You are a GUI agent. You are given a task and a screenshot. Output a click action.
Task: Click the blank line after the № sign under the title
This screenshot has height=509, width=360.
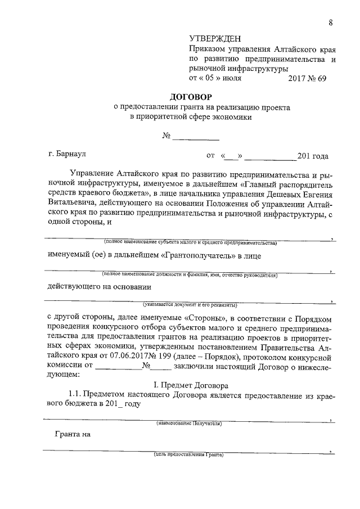pos(195,137)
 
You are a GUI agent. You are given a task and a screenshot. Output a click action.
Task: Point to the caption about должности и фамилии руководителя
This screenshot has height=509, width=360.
pos(190,275)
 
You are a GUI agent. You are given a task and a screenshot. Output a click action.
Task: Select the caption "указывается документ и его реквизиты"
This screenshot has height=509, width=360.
pos(190,305)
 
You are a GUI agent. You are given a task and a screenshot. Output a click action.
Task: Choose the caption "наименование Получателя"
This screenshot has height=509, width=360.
pos(189,423)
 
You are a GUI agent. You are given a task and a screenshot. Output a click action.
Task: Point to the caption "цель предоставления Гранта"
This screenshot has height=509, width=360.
pos(189,454)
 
